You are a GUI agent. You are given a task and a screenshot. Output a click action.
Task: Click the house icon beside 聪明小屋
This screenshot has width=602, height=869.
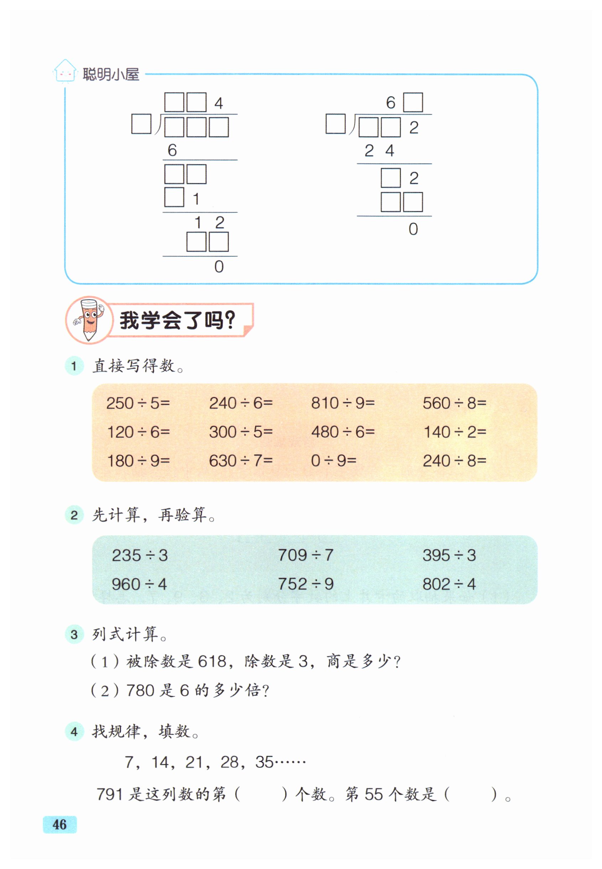tap(65, 71)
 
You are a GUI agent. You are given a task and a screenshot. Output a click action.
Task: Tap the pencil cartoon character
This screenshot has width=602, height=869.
tap(89, 320)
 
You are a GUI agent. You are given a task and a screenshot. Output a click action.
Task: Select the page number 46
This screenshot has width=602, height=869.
tap(59, 825)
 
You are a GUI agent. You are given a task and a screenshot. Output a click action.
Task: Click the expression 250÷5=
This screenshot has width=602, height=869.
tap(138, 403)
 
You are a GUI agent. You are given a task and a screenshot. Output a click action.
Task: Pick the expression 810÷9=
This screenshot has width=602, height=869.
tap(342, 403)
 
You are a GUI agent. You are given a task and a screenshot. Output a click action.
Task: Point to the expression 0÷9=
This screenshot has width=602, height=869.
tap(334, 460)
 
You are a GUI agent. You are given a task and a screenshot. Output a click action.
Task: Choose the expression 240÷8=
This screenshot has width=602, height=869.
tap(454, 460)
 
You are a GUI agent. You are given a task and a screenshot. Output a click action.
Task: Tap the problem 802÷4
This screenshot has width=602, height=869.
tap(449, 584)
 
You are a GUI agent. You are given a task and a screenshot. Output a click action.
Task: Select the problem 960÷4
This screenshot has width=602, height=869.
tap(139, 584)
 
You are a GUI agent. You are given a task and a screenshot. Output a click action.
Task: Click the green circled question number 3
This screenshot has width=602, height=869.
tap(74, 634)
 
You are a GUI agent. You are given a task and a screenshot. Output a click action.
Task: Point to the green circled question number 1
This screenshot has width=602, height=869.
tap(74, 366)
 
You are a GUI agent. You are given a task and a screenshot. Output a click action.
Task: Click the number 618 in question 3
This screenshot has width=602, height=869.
tap(213, 661)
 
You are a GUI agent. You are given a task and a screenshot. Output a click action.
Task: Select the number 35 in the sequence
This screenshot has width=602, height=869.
tap(264, 762)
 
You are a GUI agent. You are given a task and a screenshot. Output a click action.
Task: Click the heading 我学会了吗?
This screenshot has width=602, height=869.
tap(177, 320)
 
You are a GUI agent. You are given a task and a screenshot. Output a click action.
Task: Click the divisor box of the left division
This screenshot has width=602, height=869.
tap(141, 124)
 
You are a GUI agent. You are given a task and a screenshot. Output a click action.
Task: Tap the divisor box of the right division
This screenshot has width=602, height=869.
tap(335, 124)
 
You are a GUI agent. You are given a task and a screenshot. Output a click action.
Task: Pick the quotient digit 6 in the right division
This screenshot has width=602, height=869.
tap(391, 102)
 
